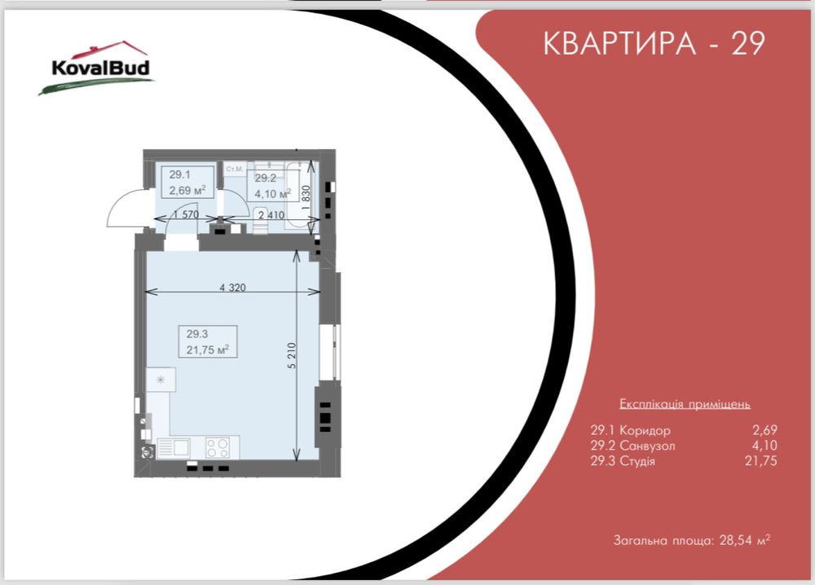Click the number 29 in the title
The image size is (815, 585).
coord(747,44)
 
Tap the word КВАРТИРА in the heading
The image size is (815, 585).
coord(617,44)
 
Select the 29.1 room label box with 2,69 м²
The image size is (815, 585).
coord(187,183)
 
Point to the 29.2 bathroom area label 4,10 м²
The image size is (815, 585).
coord(272,194)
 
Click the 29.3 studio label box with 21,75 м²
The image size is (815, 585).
coord(207,341)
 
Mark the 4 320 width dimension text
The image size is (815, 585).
coord(232,288)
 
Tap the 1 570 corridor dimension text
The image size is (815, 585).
coord(186,214)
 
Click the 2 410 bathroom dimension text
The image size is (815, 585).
coord(271,215)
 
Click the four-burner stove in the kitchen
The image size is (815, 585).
coord(217,446)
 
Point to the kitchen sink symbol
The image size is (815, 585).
coord(173,446)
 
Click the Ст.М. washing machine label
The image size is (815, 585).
coord(235,169)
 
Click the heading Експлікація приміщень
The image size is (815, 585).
coord(685,404)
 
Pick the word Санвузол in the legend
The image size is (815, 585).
coord(646,446)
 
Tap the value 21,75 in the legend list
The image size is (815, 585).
coord(763,461)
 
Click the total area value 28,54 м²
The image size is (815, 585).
coord(745,540)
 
